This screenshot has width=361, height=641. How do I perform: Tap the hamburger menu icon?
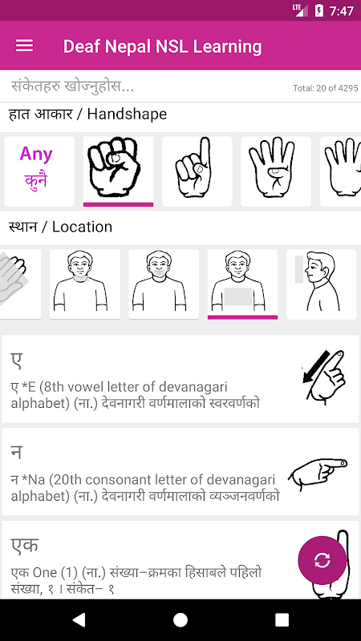click(x=24, y=46)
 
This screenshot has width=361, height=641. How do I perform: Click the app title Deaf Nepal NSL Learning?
click(x=163, y=46)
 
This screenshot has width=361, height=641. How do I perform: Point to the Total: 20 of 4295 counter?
click(x=326, y=88)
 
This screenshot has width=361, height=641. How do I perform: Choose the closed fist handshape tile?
click(x=118, y=171)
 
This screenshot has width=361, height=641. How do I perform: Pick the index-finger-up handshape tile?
click(x=197, y=171)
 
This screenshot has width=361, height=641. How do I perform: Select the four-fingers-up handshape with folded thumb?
click(x=276, y=171)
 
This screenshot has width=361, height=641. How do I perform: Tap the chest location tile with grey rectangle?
click(x=243, y=284)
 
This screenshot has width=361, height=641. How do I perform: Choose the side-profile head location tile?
click(x=322, y=284)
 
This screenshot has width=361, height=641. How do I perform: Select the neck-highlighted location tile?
click(x=85, y=284)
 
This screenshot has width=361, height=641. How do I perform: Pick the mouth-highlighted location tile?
click(x=164, y=284)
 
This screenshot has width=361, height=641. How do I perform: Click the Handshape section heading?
click(x=87, y=115)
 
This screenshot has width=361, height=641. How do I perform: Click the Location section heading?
click(x=61, y=227)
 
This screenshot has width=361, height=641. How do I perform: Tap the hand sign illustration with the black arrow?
click(x=323, y=377)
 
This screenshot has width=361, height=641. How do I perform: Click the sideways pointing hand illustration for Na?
click(x=318, y=474)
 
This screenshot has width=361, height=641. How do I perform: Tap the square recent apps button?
click(x=282, y=620)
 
